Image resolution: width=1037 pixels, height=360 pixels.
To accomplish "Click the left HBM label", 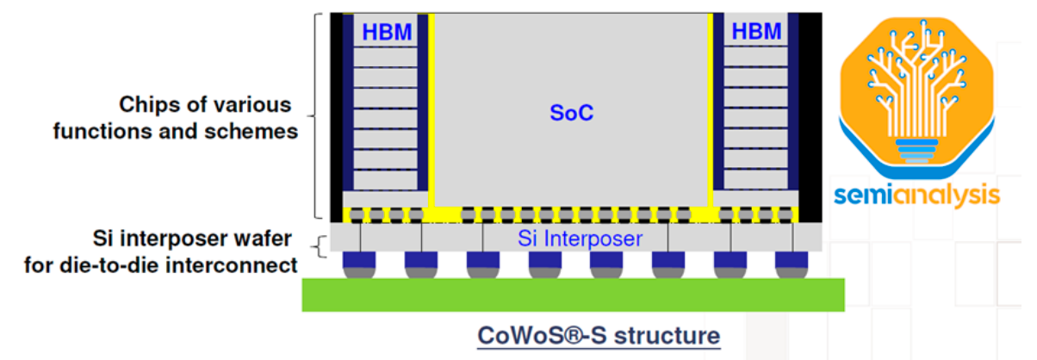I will pyautogui.click(x=387, y=33).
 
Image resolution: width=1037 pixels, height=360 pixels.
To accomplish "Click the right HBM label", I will pyautogui.click(x=756, y=33).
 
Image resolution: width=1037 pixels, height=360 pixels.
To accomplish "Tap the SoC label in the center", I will pyautogui.click(x=572, y=113).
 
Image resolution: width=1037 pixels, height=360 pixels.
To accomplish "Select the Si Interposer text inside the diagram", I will pyautogui.click(x=580, y=238).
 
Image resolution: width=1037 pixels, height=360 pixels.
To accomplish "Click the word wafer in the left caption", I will pyautogui.click(x=259, y=238).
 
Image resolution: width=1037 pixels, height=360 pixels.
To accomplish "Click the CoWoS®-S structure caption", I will pyautogui.click(x=599, y=334).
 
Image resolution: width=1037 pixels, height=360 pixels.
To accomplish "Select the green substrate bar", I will pyautogui.click(x=573, y=295).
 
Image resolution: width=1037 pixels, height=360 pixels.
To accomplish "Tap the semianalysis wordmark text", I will pyautogui.click(x=916, y=196).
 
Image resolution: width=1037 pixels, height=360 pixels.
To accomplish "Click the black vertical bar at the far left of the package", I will pyautogui.click(x=336, y=116).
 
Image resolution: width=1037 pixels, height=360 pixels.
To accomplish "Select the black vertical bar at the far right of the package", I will pyautogui.click(x=811, y=116).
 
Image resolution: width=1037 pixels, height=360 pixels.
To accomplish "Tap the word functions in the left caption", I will pyautogui.click(x=96, y=132).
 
